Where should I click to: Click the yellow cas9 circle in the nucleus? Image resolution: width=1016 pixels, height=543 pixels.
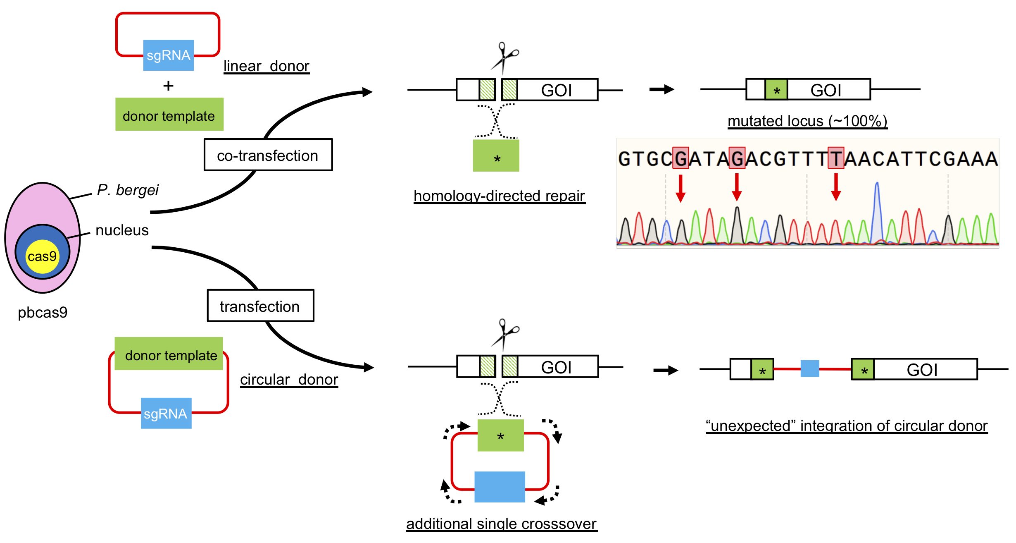click(42, 256)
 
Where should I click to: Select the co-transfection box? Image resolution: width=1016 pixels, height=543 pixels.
click(268, 155)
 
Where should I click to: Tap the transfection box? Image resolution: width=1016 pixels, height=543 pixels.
click(260, 306)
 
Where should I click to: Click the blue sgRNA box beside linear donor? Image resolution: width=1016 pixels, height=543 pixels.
click(168, 55)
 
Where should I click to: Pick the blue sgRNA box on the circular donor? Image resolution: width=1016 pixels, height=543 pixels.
click(166, 413)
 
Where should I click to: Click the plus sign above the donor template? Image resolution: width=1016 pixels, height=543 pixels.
click(168, 86)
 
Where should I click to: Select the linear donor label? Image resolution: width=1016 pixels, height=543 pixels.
click(266, 66)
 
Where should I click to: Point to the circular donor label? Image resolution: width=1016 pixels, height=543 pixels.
click(289, 379)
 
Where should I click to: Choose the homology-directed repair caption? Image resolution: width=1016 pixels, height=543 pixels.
click(499, 196)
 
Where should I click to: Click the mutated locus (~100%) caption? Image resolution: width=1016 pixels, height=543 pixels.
click(807, 121)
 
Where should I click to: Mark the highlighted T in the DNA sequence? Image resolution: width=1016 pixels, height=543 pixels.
click(835, 158)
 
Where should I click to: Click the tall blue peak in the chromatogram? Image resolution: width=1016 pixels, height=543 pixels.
click(877, 211)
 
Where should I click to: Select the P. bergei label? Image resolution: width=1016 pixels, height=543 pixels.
click(128, 190)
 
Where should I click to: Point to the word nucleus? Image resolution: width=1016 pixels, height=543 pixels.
click(122, 230)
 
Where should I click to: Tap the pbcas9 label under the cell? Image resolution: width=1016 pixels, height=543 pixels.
click(43, 312)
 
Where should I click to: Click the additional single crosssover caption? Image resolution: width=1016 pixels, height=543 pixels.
click(501, 524)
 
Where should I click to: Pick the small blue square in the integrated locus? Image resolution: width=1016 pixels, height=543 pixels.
click(809, 368)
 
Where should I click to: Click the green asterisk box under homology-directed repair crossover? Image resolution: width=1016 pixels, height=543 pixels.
click(496, 156)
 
